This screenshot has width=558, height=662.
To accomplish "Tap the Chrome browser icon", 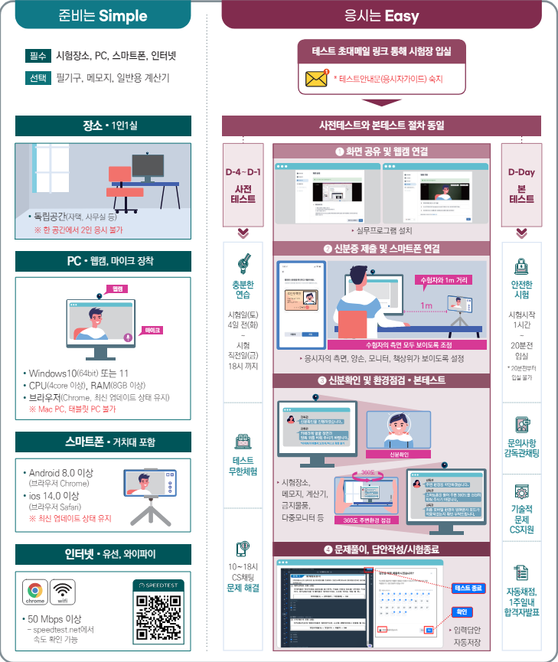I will click(34, 592).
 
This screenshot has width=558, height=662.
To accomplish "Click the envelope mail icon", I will click(316, 79).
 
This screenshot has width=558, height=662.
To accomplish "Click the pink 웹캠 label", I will click(117, 289).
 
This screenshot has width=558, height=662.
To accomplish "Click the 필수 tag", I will click(37, 55).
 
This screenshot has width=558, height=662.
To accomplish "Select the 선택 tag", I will click(37, 78).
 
